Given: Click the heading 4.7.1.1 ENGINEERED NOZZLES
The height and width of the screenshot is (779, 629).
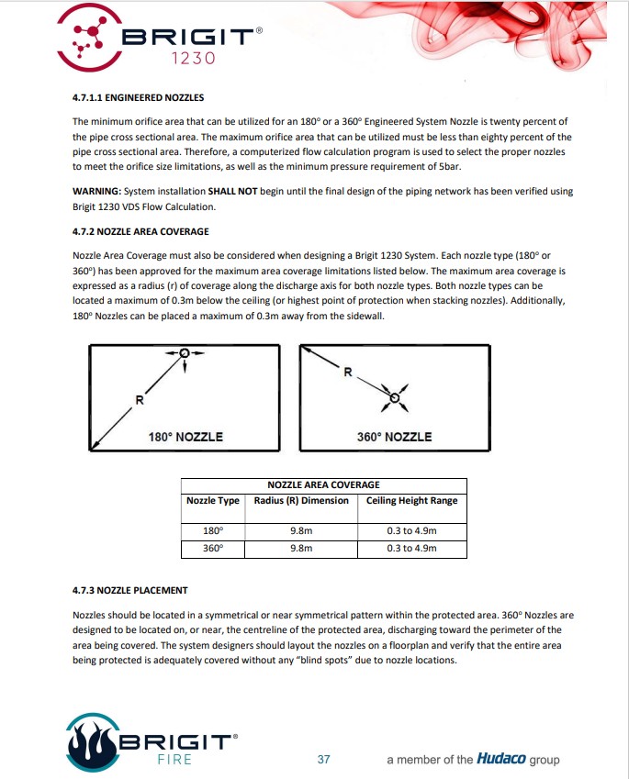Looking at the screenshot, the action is [x=139, y=97].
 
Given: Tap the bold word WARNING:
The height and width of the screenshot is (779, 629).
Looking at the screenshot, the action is [x=97, y=191].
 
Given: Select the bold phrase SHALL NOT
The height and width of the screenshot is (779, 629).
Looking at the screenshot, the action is [x=232, y=191].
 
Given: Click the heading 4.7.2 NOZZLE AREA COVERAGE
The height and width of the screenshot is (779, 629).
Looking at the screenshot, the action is [x=140, y=231].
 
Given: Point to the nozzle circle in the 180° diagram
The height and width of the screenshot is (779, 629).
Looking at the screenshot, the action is [x=185, y=352].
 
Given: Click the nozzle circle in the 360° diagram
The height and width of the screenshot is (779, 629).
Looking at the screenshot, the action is [x=394, y=397].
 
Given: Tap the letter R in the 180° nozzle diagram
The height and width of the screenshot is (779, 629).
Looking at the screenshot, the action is [x=140, y=400].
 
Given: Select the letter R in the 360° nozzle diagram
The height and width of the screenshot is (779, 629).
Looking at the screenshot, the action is [x=348, y=372].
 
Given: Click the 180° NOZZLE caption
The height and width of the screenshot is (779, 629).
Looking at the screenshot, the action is [x=185, y=437].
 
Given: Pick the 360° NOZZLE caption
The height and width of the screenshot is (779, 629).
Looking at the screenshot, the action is [x=394, y=437].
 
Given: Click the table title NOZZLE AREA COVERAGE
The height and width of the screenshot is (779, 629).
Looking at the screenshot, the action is [x=324, y=484].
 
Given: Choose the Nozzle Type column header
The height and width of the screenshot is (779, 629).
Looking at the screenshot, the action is [x=213, y=501].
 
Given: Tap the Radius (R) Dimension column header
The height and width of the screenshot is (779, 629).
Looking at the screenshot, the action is [x=301, y=501].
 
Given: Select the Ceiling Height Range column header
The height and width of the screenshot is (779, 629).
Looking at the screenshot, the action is [x=411, y=501].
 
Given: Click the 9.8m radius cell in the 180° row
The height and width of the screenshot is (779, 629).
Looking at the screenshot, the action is [x=301, y=531].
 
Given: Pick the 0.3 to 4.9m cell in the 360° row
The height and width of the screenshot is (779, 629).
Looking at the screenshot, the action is [x=411, y=549].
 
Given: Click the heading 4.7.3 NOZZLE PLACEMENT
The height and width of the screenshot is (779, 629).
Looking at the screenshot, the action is [x=130, y=591].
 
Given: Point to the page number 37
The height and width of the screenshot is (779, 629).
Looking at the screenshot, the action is [x=324, y=760].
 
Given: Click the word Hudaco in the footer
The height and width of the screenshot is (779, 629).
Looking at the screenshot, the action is [x=501, y=759].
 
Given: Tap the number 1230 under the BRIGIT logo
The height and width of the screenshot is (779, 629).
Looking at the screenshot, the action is [x=194, y=59].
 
